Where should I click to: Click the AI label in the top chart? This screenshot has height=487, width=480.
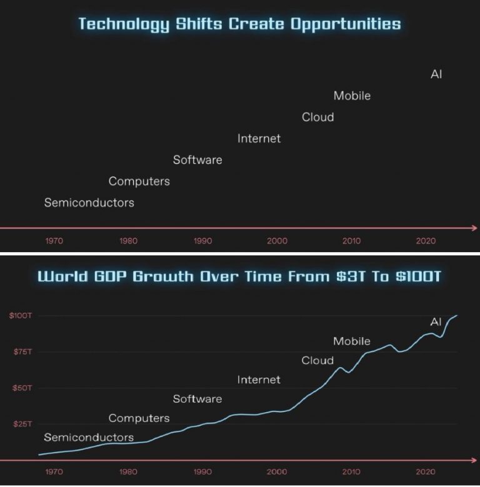point(436,74)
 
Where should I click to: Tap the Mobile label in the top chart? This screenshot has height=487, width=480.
point(352,96)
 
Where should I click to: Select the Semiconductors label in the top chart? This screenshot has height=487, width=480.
point(89,203)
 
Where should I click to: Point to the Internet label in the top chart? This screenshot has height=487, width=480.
point(259,139)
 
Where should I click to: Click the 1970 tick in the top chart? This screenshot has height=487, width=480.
point(54,241)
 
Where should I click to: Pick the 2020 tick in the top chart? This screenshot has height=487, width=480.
point(426,241)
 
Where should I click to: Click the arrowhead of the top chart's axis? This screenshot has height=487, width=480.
point(475,228)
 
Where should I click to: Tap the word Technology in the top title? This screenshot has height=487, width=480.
point(124,25)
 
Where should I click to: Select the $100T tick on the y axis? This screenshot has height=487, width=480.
point(20,316)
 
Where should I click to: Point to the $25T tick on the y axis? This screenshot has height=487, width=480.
point(21,424)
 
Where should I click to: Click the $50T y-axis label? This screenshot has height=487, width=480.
point(21,388)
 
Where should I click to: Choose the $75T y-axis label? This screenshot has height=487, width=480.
point(21,352)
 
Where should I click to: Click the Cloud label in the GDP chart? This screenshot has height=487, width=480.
point(317,361)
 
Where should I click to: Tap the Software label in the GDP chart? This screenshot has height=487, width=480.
point(197,399)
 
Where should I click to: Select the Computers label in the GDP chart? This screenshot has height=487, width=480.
point(139,418)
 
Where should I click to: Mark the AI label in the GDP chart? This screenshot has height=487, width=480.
point(436,322)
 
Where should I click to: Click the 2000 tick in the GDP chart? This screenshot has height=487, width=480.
point(277,472)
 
